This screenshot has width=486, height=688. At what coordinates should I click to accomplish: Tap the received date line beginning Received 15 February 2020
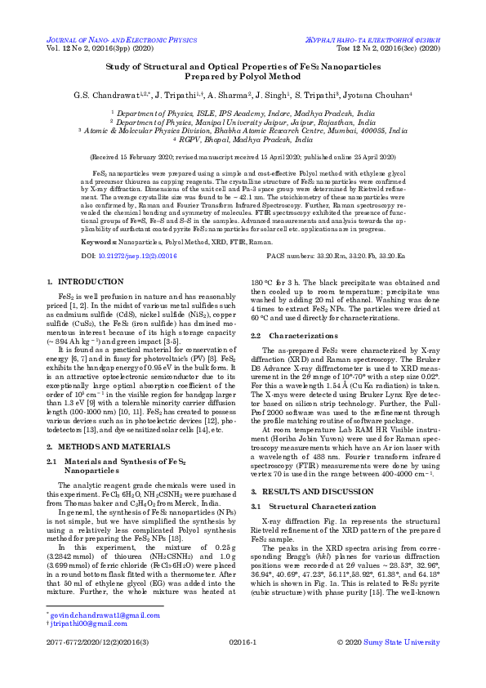pyautogui.click(x=243, y=153)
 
